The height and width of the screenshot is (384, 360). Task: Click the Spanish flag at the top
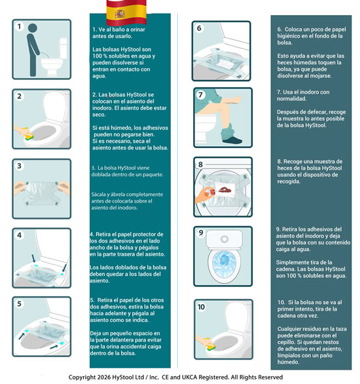coord(117,10)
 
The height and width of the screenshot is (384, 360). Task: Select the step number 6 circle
coord(200,29)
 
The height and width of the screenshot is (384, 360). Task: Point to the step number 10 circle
coord(201,306)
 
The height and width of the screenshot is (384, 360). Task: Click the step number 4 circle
coord(20,234)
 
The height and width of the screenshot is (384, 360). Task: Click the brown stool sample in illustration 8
coord(225,188)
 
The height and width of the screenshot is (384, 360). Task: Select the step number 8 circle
coord(201,164)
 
